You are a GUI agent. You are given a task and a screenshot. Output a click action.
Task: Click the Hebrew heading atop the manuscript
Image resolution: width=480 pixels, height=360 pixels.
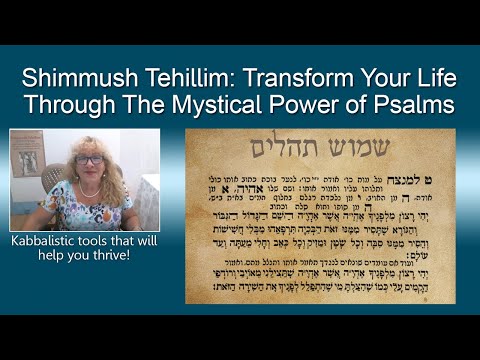coord(320,150)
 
